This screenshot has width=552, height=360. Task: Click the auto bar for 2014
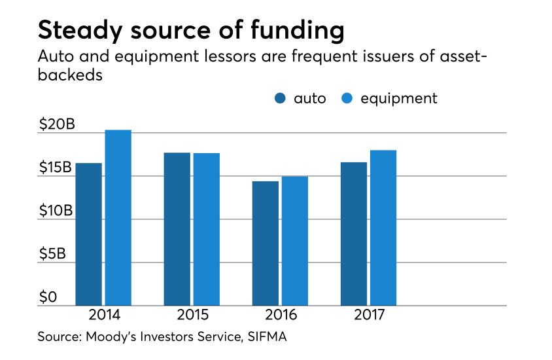pos(88,234)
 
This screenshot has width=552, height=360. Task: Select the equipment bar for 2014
pos(118,218)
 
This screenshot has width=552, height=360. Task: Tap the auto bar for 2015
pos(177,229)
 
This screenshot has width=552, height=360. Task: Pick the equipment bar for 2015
pos(206,229)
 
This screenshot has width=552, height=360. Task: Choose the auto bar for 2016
pos(266,243)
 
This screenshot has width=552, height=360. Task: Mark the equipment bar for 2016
pos(294,241)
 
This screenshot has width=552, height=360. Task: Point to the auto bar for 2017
pos(354,234)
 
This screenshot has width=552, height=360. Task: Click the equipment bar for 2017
pos(383,228)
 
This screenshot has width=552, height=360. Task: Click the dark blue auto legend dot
pos(280,99)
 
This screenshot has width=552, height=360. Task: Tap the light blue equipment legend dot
pos(347,99)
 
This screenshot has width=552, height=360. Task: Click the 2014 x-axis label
pos(104,315)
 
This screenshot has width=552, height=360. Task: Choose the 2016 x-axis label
pos(281,315)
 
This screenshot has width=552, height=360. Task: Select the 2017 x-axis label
pos(369,315)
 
